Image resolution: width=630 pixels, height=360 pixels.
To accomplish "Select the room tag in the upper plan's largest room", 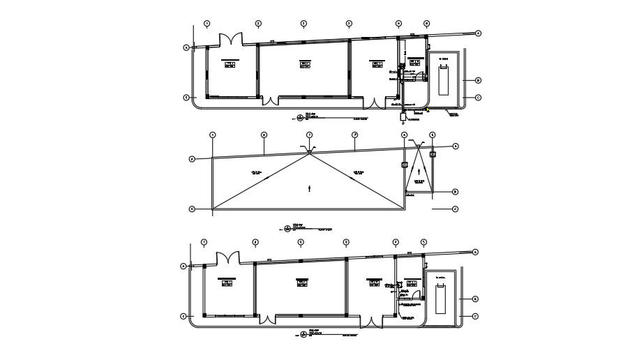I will pyautogui.click(x=304, y=65).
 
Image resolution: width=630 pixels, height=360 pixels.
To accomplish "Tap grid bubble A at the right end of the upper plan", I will pyautogui.click(x=479, y=33).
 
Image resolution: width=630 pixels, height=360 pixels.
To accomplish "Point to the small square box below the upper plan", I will pyautogui.click(x=403, y=116).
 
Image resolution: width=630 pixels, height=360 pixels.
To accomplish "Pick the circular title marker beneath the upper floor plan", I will pyautogui.click(x=301, y=117).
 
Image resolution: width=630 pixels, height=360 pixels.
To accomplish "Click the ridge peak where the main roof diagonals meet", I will pyautogui.click(x=309, y=154).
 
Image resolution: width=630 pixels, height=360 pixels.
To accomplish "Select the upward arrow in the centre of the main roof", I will pyautogui.click(x=309, y=188).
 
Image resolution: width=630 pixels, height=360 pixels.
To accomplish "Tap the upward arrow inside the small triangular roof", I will pyautogui.click(x=419, y=170).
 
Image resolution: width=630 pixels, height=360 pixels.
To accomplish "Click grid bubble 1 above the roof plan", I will pyautogui.click(x=213, y=135).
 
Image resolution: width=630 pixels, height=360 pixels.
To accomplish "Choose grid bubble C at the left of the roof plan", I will pyautogui.click(x=191, y=209).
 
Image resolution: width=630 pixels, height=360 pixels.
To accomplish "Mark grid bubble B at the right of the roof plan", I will pyautogui.click(x=455, y=192).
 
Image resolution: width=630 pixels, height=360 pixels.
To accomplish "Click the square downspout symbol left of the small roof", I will pyautogui.click(x=404, y=165).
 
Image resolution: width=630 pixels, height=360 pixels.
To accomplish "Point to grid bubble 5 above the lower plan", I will pyautogui.click(x=423, y=243).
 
